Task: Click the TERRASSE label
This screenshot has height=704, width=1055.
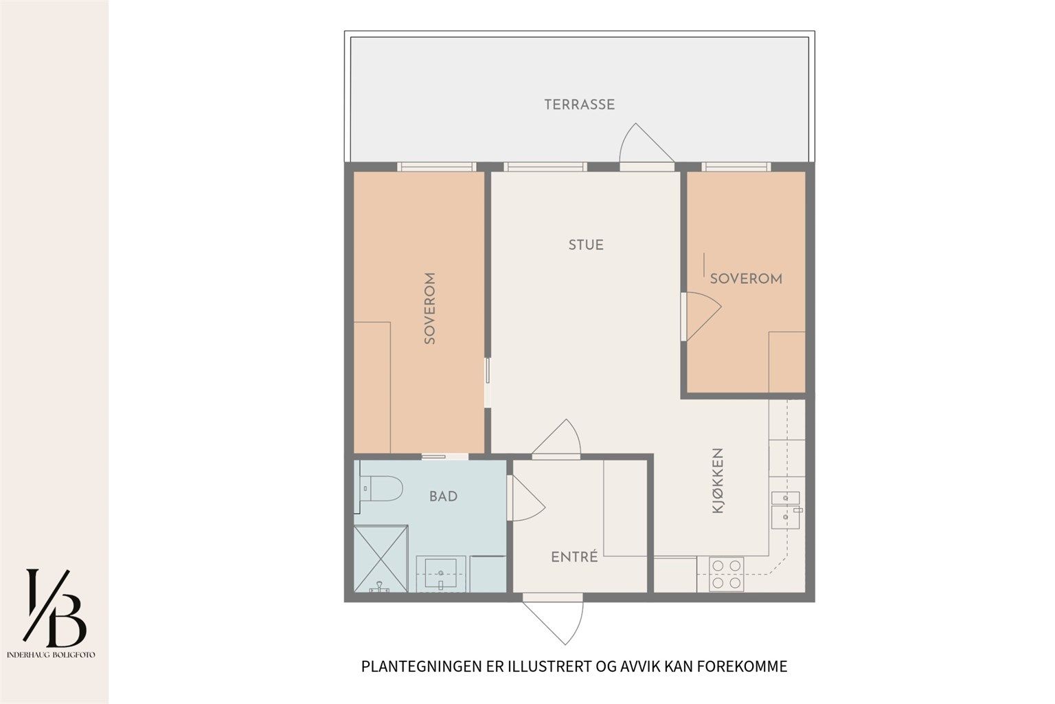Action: [x=579, y=104]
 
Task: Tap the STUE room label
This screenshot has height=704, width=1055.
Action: [x=586, y=245]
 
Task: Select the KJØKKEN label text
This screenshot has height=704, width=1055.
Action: [x=717, y=481]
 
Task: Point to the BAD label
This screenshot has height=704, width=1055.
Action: [x=443, y=496]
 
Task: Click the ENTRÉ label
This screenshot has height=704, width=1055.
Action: [x=574, y=557]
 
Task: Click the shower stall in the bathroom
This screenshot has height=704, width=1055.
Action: [x=381, y=559]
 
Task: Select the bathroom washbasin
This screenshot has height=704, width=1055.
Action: [x=440, y=573]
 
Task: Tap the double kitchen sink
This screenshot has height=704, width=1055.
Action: [x=786, y=509]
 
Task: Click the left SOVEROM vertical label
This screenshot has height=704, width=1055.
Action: [x=429, y=309]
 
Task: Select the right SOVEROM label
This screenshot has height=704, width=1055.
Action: [x=746, y=278]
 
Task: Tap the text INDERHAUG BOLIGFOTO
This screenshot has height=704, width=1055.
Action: [x=51, y=655]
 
